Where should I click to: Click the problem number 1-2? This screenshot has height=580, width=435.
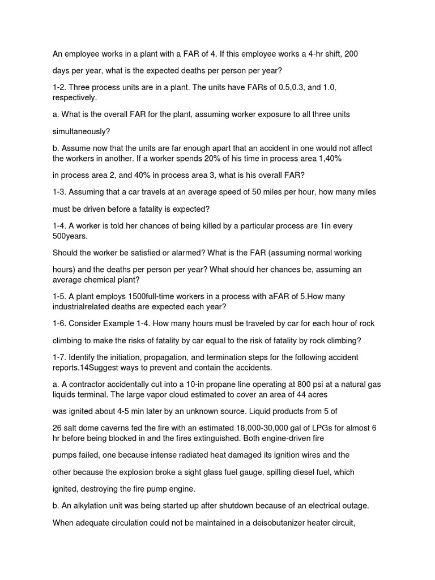pos(60,88)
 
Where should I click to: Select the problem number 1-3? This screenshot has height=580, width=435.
pos(60,192)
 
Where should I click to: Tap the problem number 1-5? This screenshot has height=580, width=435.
pos(60,296)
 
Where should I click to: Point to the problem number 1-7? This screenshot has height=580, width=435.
pos(60,357)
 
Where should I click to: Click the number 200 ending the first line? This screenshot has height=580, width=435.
pos(351,54)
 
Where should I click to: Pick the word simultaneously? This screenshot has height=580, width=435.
pos(82,131)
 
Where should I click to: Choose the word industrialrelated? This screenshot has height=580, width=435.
pos(84,306)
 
